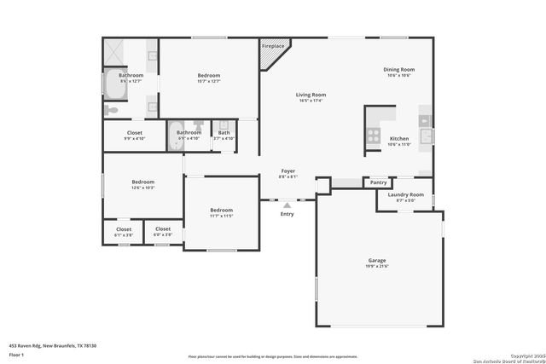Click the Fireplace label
coord(273,46)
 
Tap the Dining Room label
coord(399,72)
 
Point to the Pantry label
coord(378,182)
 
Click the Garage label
coord(377,263)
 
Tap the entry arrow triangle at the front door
coord(287,205)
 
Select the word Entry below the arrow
coord(287,214)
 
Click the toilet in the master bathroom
coord(111,110)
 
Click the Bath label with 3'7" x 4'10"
coord(224,134)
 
